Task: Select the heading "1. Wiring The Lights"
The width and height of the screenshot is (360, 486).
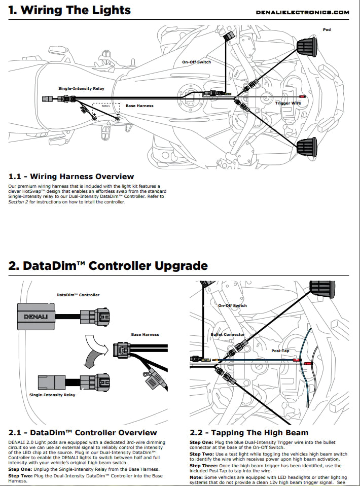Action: (x=69, y=10)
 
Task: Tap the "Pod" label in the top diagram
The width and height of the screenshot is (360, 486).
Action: (x=327, y=30)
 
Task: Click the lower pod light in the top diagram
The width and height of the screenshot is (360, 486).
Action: (x=307, y=147)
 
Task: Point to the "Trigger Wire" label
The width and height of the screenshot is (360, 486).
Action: (x=288, y=103)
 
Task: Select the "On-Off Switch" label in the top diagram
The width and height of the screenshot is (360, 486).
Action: (x=196, y=62)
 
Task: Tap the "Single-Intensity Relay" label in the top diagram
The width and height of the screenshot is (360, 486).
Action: (x=81, y=88)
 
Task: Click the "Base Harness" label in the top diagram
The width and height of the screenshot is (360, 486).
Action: (x=139, y=106)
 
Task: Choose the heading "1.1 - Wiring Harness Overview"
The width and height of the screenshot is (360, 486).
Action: (x=71, y=177)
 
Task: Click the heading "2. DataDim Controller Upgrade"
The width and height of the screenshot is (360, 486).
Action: (x=108, y=265)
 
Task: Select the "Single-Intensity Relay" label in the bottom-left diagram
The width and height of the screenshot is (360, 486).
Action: (x=52, y=395)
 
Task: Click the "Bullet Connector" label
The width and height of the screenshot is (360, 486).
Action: (x=227, y=335)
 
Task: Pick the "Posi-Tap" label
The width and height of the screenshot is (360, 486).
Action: (x=280, y=350)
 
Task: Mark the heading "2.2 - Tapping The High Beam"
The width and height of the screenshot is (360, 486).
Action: (x=249, y=433)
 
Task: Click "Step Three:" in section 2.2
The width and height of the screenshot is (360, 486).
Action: (x=205, y=465)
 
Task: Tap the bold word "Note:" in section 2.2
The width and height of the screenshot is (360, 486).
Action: (x=196, y=477)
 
